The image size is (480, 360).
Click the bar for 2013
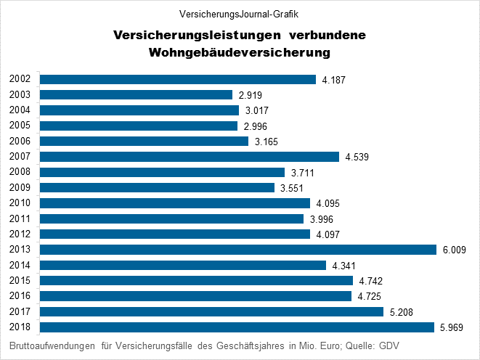[x=237, y=250]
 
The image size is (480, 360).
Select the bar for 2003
[x=136, y=95]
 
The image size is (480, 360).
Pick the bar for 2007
[x=189, y=157]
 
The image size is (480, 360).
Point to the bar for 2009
[x=157, y=188]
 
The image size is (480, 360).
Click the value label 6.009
[x=453, y=250]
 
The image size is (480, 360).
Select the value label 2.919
[x=251, y=95]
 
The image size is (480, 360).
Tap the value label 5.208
[x=402, y=312]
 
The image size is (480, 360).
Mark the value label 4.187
[x=334, y=80]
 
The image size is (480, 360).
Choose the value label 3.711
[x=303, y=173]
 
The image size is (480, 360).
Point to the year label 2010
[x=20, y=203]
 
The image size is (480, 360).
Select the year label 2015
[x=20, y=281]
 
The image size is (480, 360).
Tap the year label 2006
[x=20, y=142]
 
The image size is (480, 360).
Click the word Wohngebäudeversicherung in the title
[x=240, y=52]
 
